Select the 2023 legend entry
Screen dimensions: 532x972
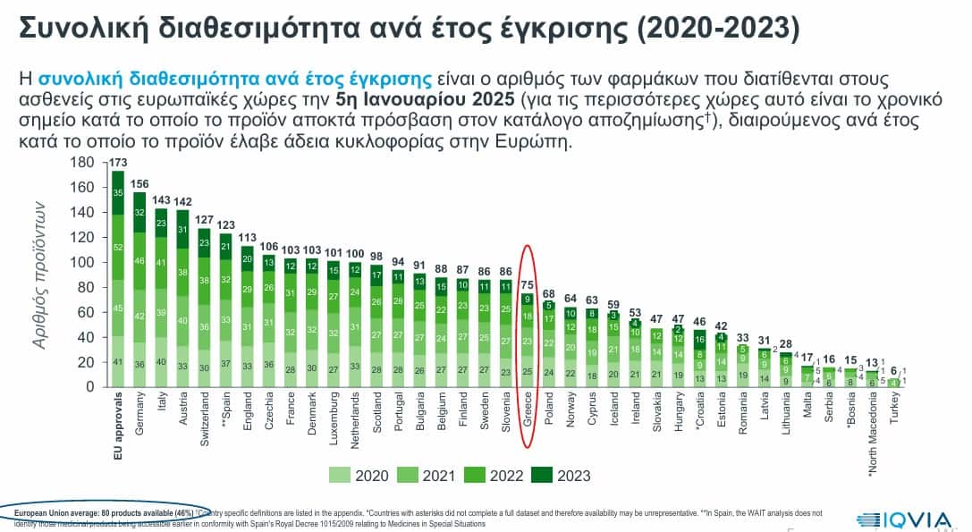[x=560, y=475]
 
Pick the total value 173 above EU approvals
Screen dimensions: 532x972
[x=118, y=163]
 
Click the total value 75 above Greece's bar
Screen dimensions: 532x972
[x=528, y=285]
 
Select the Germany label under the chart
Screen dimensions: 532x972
[x=140, y=412]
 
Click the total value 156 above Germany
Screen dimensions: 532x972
[x=139, y=184]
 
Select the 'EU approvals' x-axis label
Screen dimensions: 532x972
[x=118, y=424]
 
